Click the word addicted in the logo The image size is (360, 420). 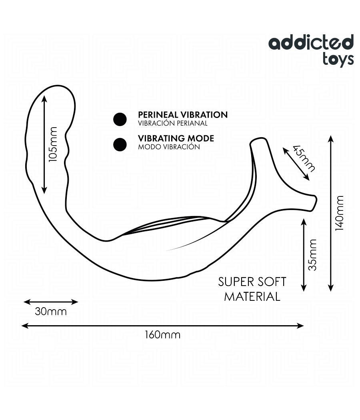(x=311, y=43)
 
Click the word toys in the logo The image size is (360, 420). (x=338, y=58)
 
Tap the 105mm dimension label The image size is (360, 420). (x=53, y=144)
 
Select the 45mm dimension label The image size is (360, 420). (x=304, y=158)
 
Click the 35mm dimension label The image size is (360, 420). (x=312, y=254)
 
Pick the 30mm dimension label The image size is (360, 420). (x=50, y=311)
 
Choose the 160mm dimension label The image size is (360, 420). (x=162, y=334)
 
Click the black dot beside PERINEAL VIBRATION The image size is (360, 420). (x=120, y=119)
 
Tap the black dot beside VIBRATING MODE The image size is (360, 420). (x=120, y=145)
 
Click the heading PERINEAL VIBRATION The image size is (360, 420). (x=182, y=115)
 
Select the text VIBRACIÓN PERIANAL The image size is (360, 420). (x=172, y=124)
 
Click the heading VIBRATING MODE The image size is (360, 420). (x=176, y=138)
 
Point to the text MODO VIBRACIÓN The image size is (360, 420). (x=168, y=147)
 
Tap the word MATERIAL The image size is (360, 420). (x=252, y=296)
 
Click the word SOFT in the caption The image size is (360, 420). (x=271, y=282)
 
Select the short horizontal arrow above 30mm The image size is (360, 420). (x=50, y=302)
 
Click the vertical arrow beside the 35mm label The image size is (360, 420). (x=304, y=254)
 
